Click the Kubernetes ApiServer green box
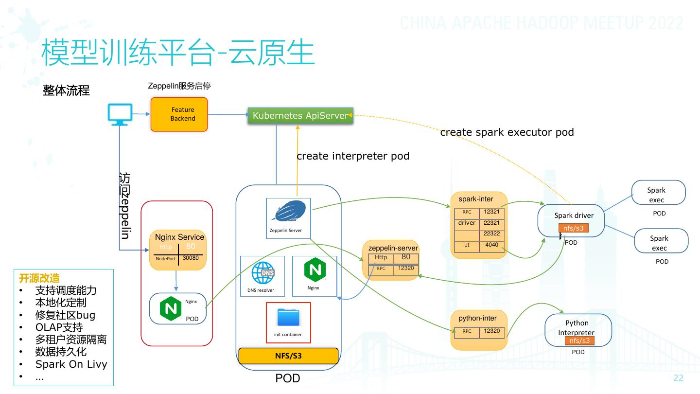coord(300,115)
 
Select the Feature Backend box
coord(179,114)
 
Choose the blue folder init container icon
coord(289,317)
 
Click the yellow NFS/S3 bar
coord(288,356)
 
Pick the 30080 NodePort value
coord(191,258)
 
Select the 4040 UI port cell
coord(492,245)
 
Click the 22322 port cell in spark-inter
coord(492,233)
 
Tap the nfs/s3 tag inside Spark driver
coord(574,228)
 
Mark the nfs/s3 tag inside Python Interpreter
coord(579,340)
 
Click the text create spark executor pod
coord(507,132)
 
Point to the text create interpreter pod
coord(353,156)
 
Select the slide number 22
coord(678,378)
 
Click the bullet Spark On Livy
coord(71,364)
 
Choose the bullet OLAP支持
coord(59,327)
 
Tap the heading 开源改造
coord(39,278)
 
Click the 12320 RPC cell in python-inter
coord(492,331)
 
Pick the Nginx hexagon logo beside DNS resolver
coord(314,270)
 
